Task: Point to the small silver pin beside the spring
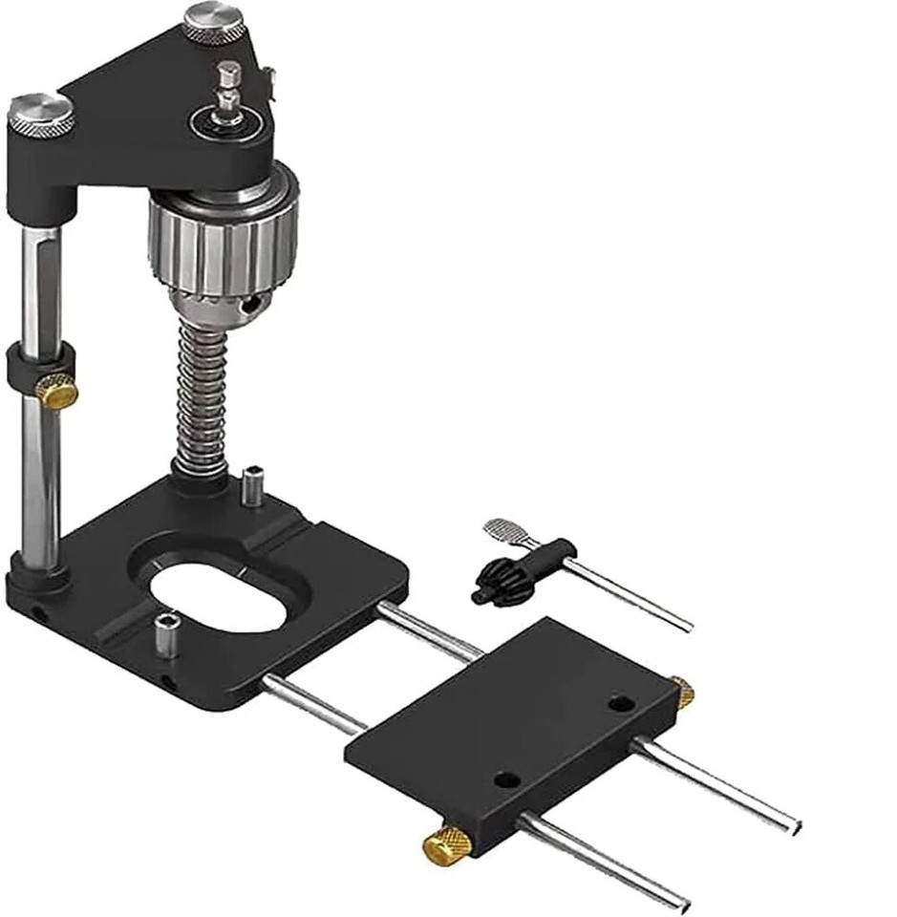(x=254, y=484)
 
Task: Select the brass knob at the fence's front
(x=446, y=844)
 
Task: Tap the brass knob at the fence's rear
(x=681, y=692)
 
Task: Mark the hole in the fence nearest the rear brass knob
(x=621, y=704)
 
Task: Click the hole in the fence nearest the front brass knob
(x=507, y=781)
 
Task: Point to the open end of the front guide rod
(x=678, y=903)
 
